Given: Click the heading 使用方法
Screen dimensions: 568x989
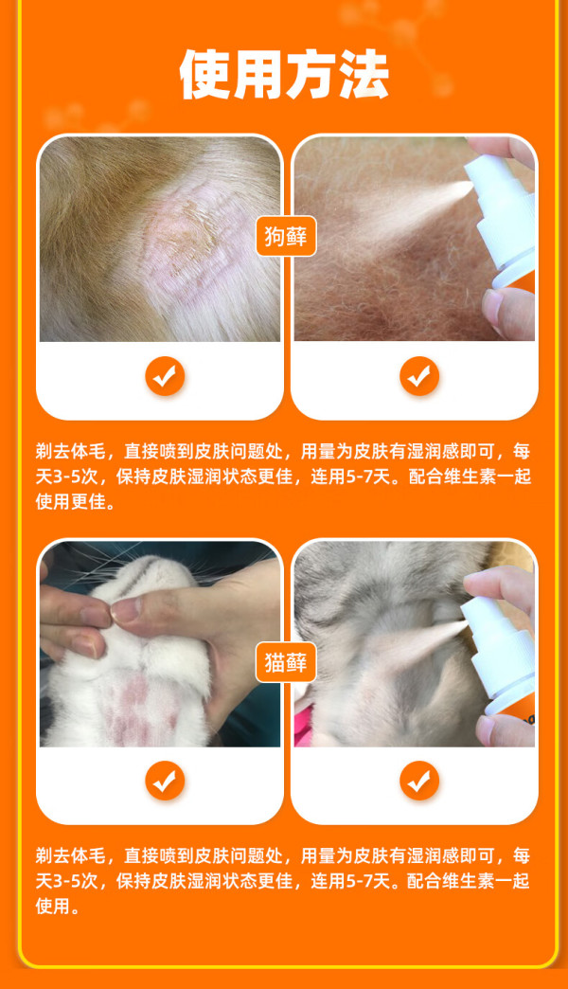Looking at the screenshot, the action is (x=284, y=75).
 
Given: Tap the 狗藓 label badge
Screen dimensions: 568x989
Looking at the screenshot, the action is (x=286, y=237).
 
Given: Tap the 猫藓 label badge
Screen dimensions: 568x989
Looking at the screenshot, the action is (x=286, y=662).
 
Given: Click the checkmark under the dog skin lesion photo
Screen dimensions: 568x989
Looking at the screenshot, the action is (x=165, y=376).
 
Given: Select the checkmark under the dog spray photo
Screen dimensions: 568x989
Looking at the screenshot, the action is (x=419, y=376).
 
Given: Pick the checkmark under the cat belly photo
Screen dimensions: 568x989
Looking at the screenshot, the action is (x=165, y=781).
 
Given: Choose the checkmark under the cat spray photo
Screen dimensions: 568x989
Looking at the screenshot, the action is (x=419, y=781).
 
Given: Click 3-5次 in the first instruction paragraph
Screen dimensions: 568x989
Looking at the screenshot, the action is (x=84, y=477).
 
